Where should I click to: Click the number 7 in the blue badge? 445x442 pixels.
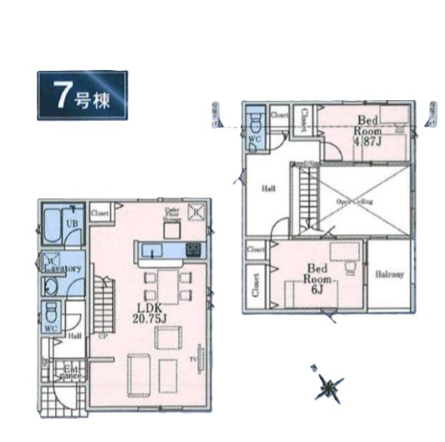point(62,95)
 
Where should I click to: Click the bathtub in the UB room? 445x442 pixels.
point(51,223)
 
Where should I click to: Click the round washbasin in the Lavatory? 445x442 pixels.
point(49,285)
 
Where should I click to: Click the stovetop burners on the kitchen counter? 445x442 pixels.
point(192,248)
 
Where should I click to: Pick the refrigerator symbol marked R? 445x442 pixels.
point(197,212)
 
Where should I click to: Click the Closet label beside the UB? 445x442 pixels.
point(100,212)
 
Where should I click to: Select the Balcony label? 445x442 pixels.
point(390,274)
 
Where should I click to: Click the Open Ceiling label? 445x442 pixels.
point(354,202)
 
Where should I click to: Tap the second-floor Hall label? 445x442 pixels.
point(268,188)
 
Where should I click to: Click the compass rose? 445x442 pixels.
point(328,385)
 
